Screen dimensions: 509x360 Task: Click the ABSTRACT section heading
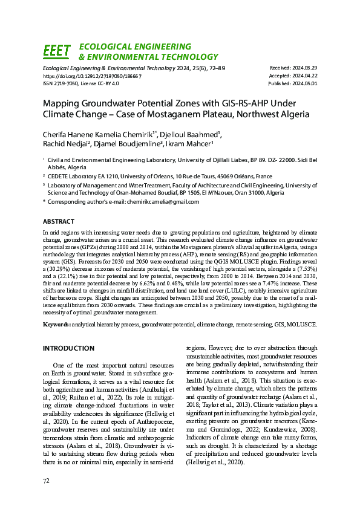coord(59,222)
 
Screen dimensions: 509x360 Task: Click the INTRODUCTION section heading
coord(69,349)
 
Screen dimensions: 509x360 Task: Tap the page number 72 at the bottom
coord(46,481)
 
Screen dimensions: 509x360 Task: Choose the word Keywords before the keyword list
coord(56,325)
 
